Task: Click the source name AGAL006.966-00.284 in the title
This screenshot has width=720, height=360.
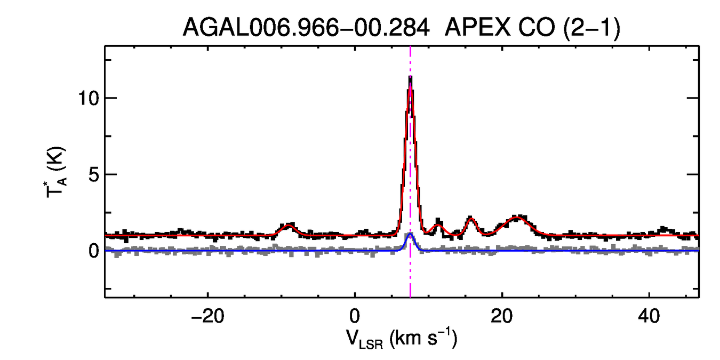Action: click(306, 28)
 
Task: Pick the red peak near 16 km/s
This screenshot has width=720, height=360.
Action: click(470, 218)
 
